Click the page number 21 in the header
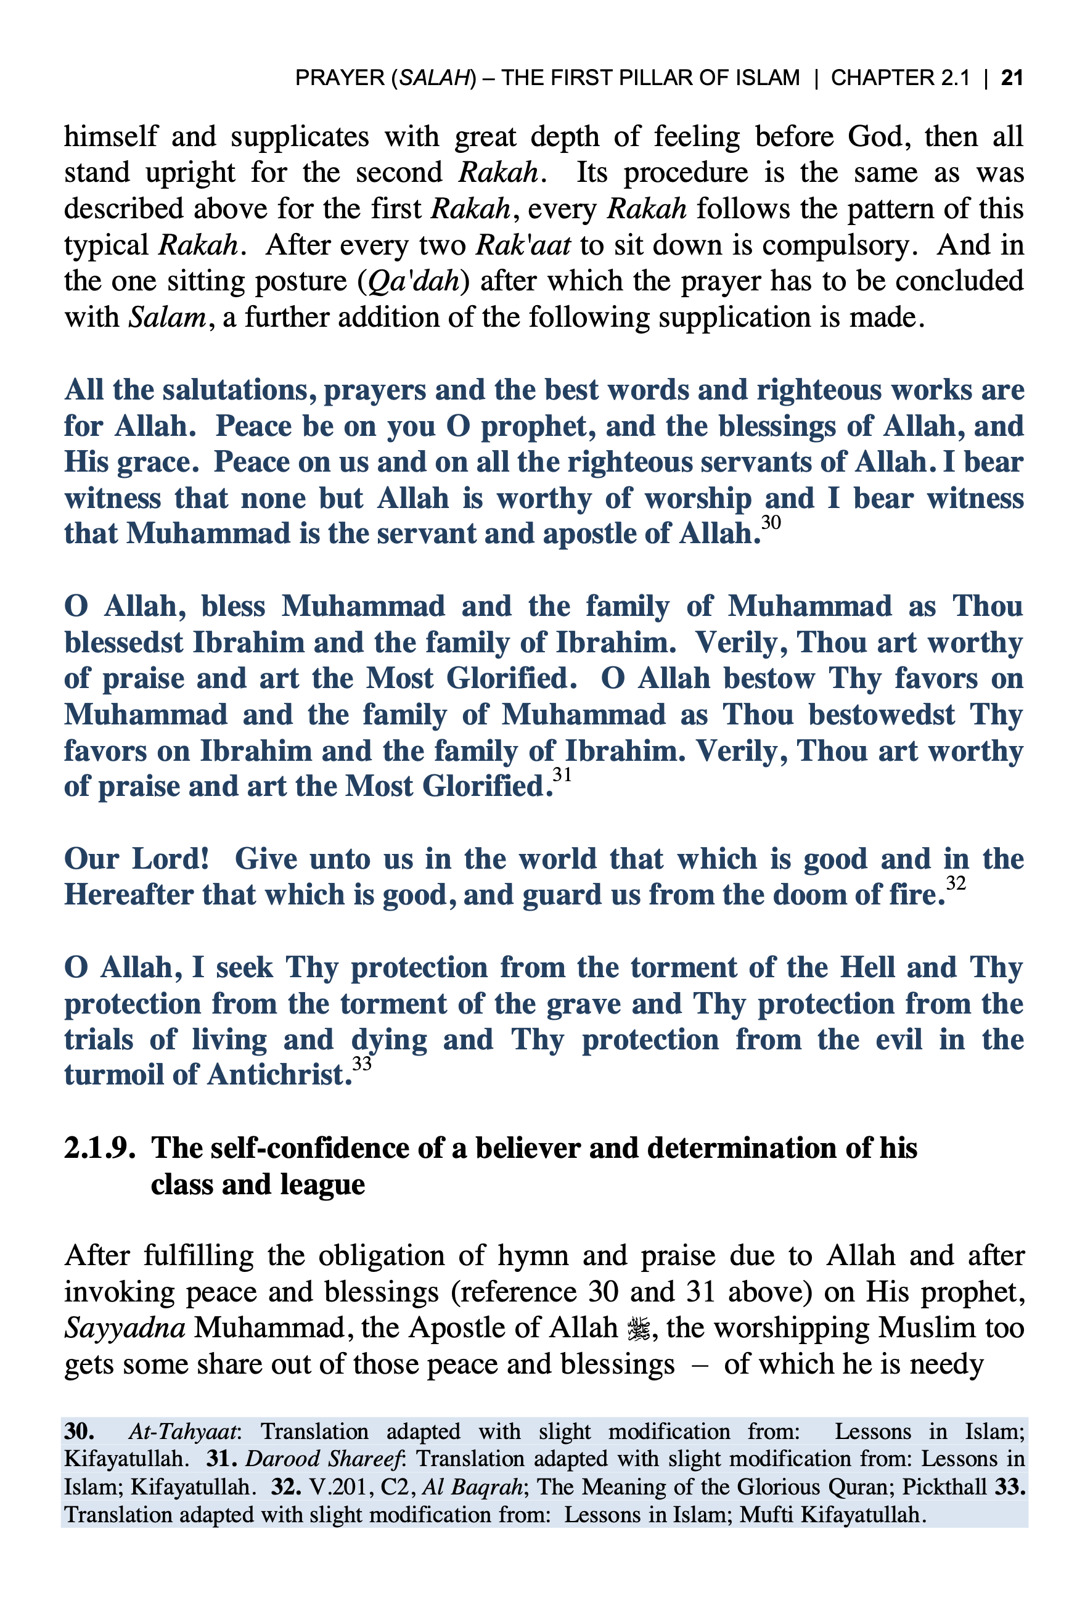pyautogui.click(x=1011, y=77)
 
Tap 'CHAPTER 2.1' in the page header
pyautogui.click(x=899, y=77)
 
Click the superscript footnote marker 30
pyautogui.click(x=771, y=523)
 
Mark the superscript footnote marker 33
pyautogui.click(x=361, y=1064)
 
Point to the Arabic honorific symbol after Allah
pyautogui.click(x=638, y=1329)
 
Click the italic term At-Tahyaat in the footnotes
pyautogui.click(x=184, y=1432)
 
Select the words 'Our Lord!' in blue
pyautogui.click(x=136, y=859)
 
